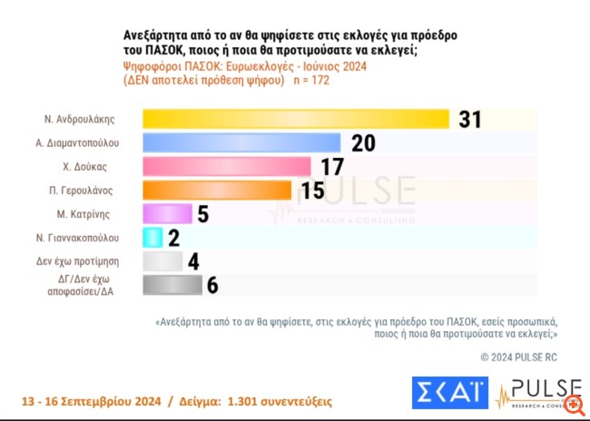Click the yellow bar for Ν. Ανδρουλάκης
(x=297, y=119)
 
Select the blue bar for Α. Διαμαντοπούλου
(x=242, y=142)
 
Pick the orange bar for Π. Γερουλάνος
(x=218, y=190)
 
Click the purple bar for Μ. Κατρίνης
(x=168, y=213)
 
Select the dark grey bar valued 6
(x=172, y=285)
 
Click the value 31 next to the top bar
(x=469, y=120)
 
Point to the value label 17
(x=333, y=167)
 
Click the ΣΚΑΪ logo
(x=447, y=393)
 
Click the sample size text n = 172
(x=310, y=81)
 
